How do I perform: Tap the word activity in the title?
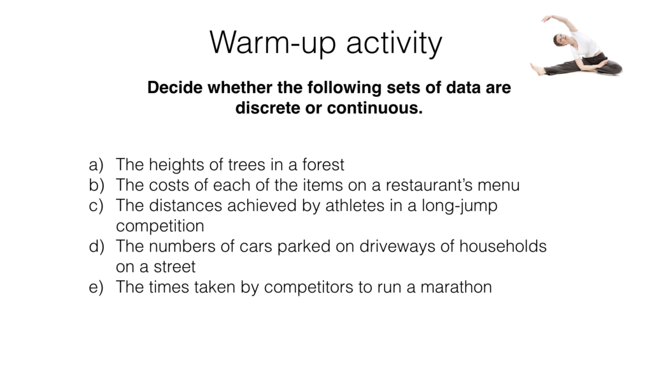tap(394, 43)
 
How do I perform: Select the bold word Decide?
tap(174, 88)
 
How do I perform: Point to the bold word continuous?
tap(374, 108)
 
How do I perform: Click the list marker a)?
tap(96, 165)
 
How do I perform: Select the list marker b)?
tap(97, 185)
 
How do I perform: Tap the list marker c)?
tap(96, 206)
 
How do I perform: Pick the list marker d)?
tap(97, 247)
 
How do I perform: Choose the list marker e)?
tap(96, 287)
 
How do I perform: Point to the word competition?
tap(160, 226)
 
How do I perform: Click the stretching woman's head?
tap(560, 40)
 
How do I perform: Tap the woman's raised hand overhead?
tap(546, 18)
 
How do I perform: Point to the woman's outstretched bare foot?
tap(537, 69)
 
